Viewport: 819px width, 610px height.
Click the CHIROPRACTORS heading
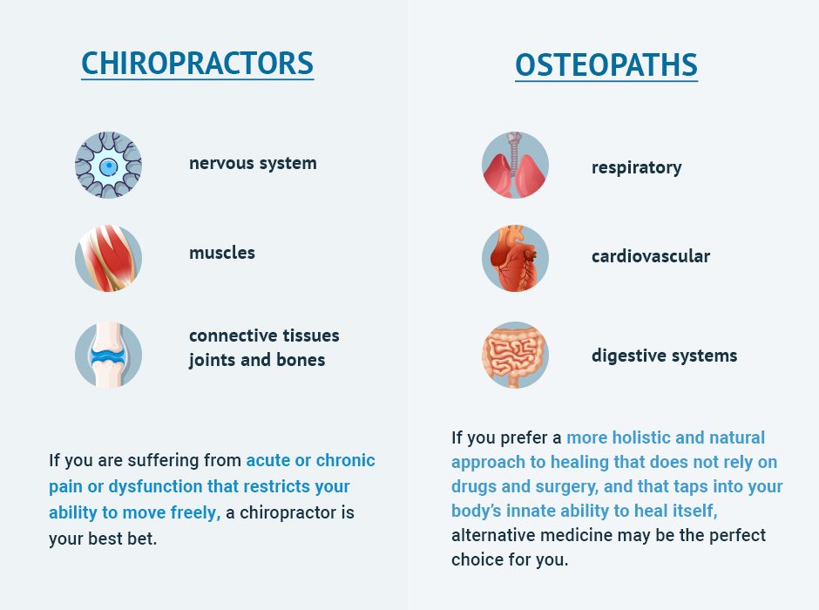click(198, 64)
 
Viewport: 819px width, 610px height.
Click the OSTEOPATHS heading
click(606, 65)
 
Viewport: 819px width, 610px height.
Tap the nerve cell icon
click(108, 165)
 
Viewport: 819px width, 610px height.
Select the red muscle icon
click(108, 259)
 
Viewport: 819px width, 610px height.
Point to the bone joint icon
click(108, 355)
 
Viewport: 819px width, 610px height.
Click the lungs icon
click(515, 165)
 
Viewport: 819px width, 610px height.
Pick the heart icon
click(515, 259)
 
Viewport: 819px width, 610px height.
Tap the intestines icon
click(515, 355)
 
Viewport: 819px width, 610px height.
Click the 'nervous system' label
click(253, 164)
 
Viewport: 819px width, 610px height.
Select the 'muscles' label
click(222, 253)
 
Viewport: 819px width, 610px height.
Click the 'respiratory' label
click(636, 167)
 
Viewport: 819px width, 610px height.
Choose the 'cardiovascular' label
click(650, 256)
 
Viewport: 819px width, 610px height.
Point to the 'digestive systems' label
click(664, 356)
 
